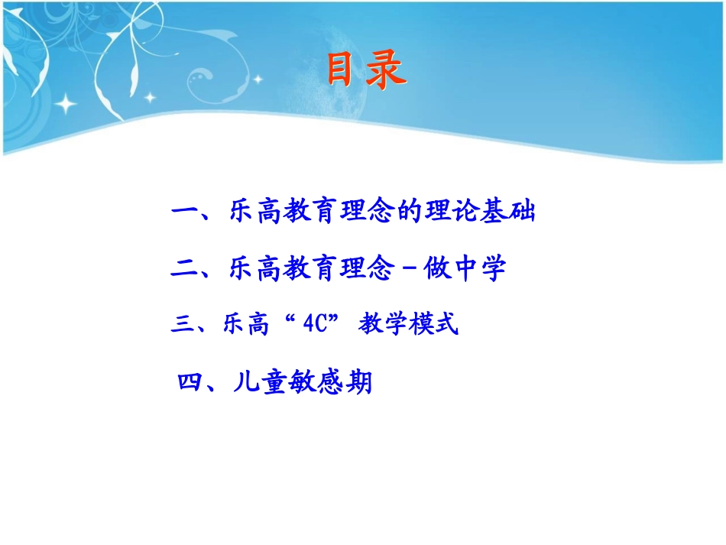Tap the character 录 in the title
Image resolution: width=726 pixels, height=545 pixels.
click(385, 70)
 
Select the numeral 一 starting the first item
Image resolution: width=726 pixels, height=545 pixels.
click(185, 212)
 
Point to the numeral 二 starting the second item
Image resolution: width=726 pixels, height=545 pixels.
click(185, 269)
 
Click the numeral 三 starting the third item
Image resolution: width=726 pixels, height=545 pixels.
click(181, 326)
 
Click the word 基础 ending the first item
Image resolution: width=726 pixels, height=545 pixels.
click(508, 212)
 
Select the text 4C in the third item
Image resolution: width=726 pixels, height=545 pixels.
click(316, 326)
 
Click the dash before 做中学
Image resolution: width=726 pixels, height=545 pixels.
click(407, 270)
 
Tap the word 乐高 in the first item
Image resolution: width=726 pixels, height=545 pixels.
click(256, 212)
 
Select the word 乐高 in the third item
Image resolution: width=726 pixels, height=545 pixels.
click(246, 326)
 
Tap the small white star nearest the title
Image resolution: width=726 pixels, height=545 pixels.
click(259, 78)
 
